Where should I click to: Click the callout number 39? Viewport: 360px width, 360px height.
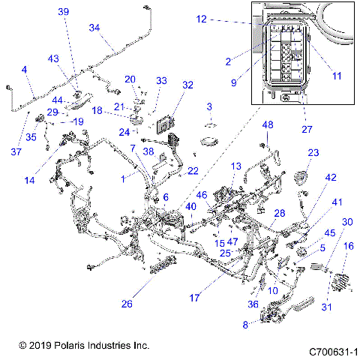(63, 11)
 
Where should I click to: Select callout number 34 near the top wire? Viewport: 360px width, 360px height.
(94, 27)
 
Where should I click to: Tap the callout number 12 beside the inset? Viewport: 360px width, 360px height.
(201, 19)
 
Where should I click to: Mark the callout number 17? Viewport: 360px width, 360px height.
(194, 298)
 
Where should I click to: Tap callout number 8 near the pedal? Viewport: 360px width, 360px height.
(245, 325)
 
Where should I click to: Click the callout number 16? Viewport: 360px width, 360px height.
(348, 245)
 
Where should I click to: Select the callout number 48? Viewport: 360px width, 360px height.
(268, 124)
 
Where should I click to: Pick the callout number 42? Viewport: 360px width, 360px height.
(331, 178)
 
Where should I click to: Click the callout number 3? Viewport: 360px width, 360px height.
(210, 106)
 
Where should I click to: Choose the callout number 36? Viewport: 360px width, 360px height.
(252, 304)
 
